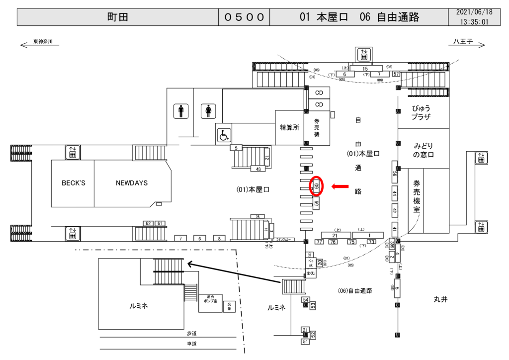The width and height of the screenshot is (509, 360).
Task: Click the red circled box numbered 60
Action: [x=317, y=186]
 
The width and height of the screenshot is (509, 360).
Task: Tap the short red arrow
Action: [x=340, y=186]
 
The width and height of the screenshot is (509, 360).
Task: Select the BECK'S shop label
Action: [x=73, y=183]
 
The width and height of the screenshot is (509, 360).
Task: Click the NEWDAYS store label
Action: [x=132, y=183]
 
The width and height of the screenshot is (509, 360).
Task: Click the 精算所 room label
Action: [x=289, y=127]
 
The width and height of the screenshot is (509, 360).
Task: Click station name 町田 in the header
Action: [x=118, y=17]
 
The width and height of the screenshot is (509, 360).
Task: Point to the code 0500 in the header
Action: [x=244, y=17]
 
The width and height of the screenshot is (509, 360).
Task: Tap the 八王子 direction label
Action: [x=462, y=41]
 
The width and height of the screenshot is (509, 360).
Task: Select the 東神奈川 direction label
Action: [x=46, y=42]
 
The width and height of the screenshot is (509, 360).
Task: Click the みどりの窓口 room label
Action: [x=424, y=150]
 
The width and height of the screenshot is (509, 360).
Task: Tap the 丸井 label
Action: [x=440, y=299]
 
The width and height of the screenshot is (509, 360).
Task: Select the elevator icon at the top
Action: [x=364, y=54]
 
